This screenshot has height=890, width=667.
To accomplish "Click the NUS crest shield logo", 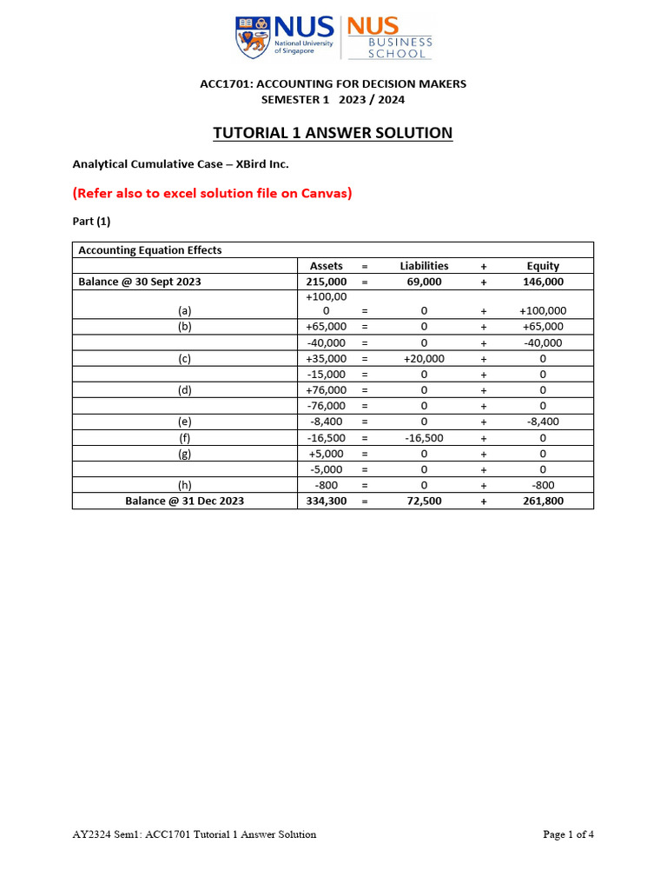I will click(x=251, y=37).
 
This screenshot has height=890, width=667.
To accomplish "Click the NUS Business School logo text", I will click(x=388, y=38).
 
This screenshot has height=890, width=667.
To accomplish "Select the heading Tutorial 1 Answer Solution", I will click(x=333, y=133).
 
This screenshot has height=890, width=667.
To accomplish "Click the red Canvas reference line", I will click(x=212, y=193).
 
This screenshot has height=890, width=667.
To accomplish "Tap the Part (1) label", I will click(x=91, y=222).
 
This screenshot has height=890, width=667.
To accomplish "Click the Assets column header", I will click(x=327, y=266).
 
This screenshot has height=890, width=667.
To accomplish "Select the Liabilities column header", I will click(x=424, y=266).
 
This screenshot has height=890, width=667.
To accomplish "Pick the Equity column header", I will click(x=543, y=266).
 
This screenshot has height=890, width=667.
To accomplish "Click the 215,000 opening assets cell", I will click(x=327, y=282).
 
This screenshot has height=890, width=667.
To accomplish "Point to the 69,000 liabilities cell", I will click(x=424, y=282).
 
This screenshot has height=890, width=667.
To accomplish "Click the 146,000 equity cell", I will click(x=543, y=282).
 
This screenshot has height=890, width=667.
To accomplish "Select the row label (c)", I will click(x=184, y=358).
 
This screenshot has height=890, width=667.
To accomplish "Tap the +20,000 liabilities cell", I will click(x=424, y=358).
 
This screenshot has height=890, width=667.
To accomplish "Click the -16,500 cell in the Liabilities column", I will click(x=424, y=438).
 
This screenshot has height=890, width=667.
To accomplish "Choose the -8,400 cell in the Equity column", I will click(x=543, y=422).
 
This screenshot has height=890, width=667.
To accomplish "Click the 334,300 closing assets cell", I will click(x=327, y=501).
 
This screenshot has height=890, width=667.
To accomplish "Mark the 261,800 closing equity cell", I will click(x=543, y=501).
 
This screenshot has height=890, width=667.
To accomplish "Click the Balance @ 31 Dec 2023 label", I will click(x=184, y=501).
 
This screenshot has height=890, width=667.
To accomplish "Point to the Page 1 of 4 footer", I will click(x=568, y=834).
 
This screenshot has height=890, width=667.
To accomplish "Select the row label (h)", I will click(x=184, y=485).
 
